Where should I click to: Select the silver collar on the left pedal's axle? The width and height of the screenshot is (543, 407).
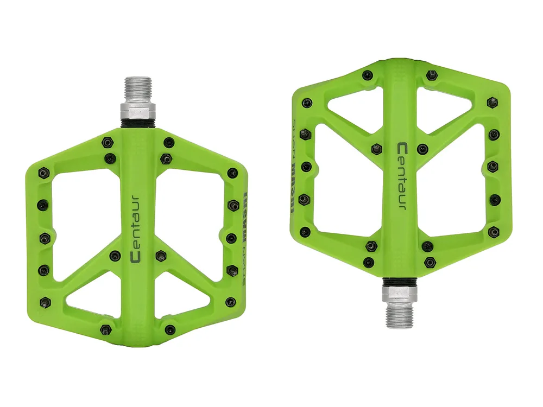(x=140, y=111)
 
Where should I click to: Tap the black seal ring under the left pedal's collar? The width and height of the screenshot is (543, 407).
(x=140, y=124)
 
